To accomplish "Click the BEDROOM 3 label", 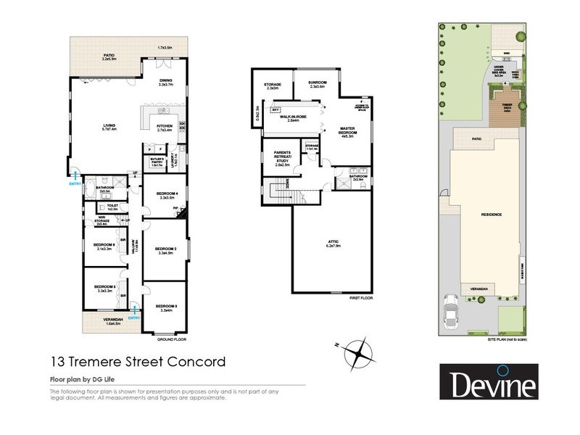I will click(x=165, y=308).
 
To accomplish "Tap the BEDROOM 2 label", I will click(x=165, y=251).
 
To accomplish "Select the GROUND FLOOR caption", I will click(x=172, y=339).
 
